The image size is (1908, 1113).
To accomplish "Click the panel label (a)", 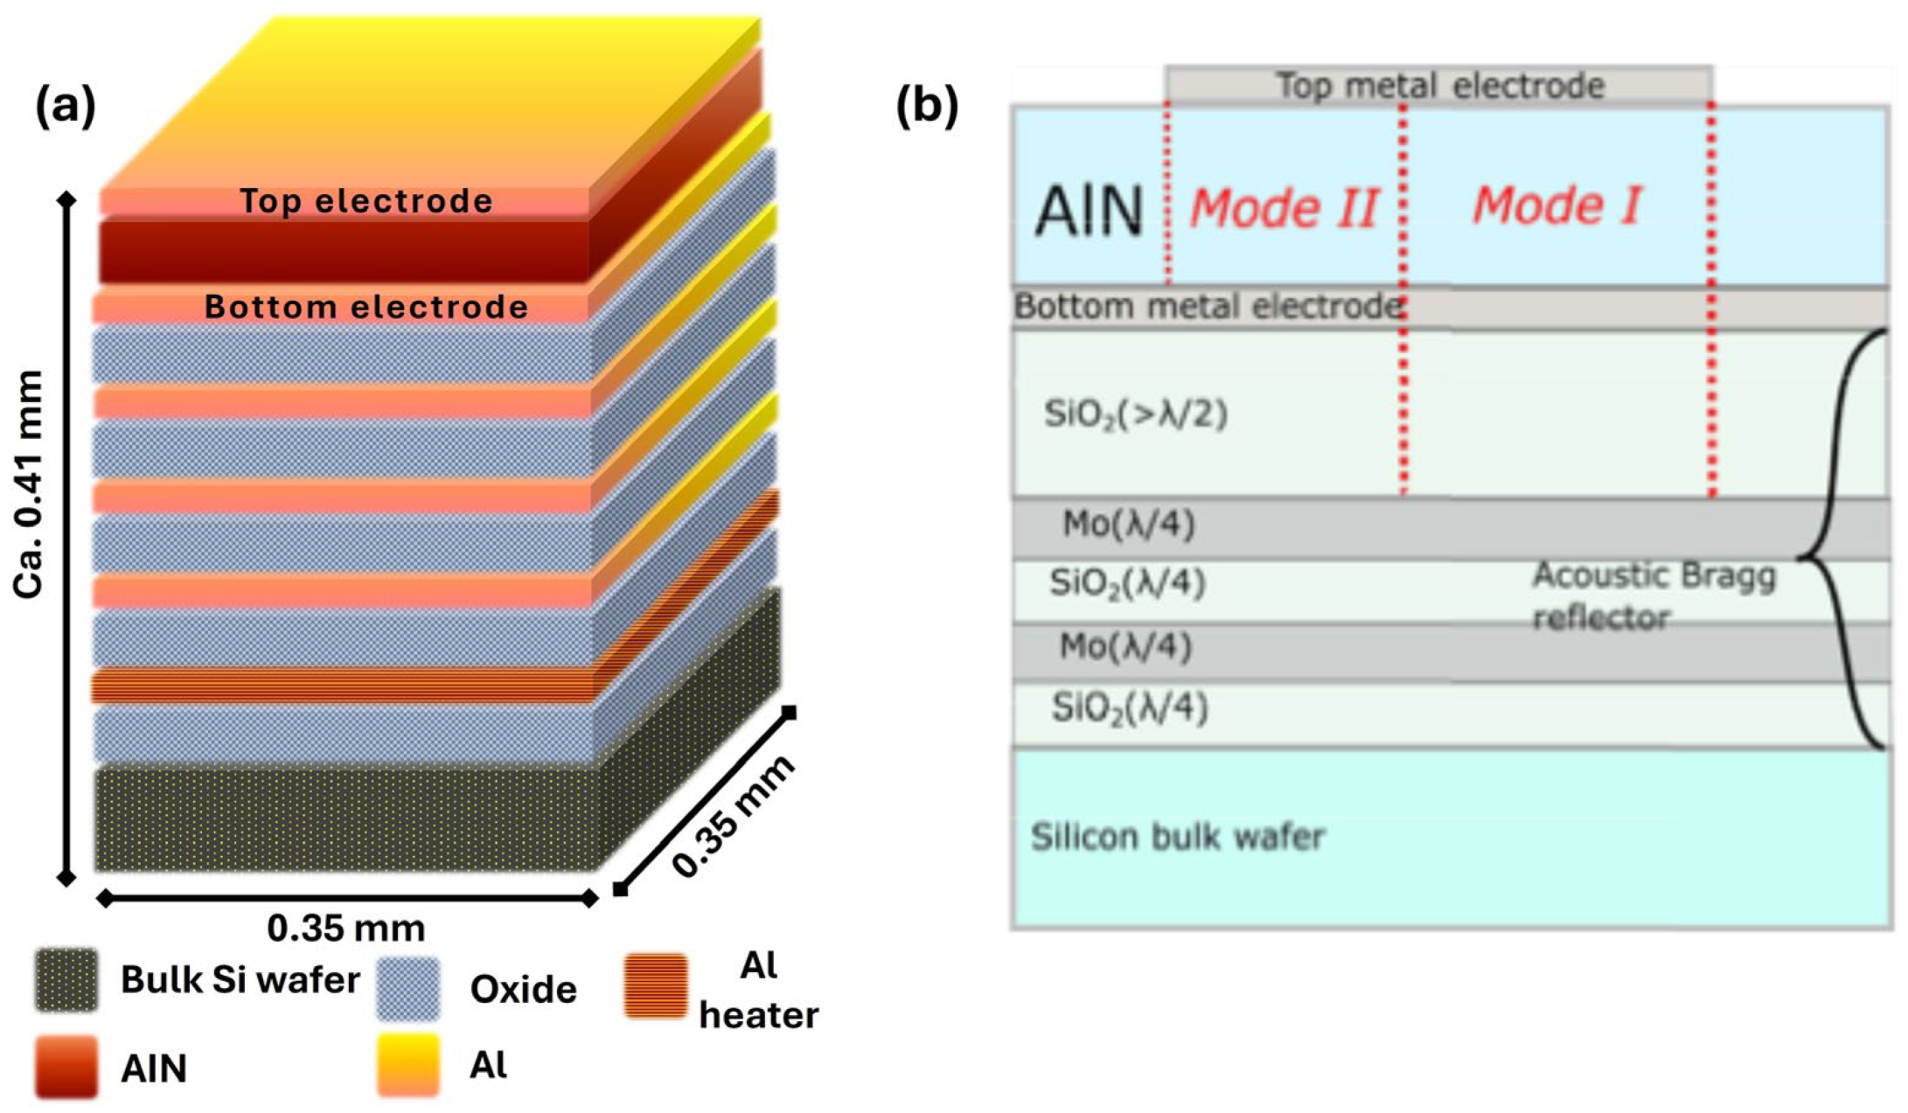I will pyautogui.click(x=65, y=107).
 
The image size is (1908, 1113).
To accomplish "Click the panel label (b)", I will pyautogui.click(x=926, y=107).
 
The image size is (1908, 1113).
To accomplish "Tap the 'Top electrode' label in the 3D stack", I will pyautogui.click(x=366, y=201).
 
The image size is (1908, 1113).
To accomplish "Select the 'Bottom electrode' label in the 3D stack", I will pyautogui.click(x=366, y=307).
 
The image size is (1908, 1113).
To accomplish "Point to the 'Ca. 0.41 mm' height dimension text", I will pyautogui.click(x=28, y=484).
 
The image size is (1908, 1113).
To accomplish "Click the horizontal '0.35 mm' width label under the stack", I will pyautogui.click(x=346, y=928).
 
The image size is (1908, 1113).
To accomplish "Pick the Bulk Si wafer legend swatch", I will pyautogui.click(x=66, y=980).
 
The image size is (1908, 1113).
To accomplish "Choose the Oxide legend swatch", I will pyautogui.click(x=408, y=989).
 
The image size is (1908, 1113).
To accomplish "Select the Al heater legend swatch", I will pyautogui.click(x=656, y=986).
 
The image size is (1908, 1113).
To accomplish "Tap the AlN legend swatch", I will pyautogui.click(x=66, y=1067).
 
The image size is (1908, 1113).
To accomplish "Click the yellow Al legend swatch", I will pyautogui.click(x=408, y=1065).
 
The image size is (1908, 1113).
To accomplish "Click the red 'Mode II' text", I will pyautogui.click(x=1284, y=209).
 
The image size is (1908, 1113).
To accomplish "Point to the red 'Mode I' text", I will pyautogui.click(x=1556, y=205).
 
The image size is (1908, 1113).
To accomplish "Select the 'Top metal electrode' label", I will pyautogui.click(x=1440, y=86).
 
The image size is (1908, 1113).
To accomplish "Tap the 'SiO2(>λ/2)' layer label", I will pyautogui.click(x=1135, y=414).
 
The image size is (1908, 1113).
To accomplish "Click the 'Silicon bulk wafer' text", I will pyautogui.click(x=1178, y=837).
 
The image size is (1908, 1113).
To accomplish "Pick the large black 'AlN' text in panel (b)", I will pyautogui.click(x=1089, y=211).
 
